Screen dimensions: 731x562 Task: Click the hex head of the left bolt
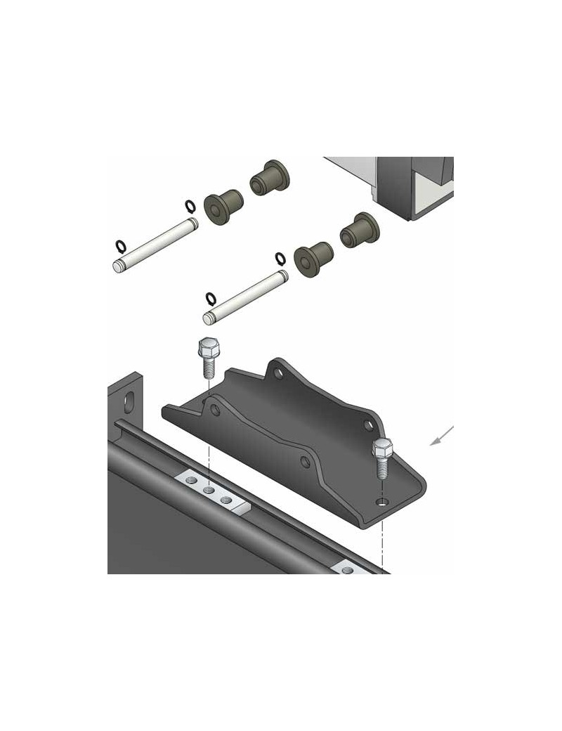pyautogui.click(x=208, y=347)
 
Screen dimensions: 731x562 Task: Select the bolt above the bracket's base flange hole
pyautogui.click(x=382, y=457)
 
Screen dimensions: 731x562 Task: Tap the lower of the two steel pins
pyautogui.click(x=245, y=297)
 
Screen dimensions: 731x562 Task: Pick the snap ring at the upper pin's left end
pyautogui.click(x=121, y=246)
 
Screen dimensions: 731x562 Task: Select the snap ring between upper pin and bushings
pyautogui.click(x=190, y=206)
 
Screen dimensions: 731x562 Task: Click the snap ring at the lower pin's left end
pyautogui.click(x=210, y=299)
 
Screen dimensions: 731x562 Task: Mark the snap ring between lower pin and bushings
pyautogui.click(x=280, y=259)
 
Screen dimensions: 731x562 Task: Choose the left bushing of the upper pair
pyautogui.click(x=223, y=204)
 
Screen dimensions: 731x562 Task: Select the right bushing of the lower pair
pyautogui.click(x=359, y=230)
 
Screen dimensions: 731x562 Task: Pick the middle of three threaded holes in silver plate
pyautogui.click(x=209, y=489)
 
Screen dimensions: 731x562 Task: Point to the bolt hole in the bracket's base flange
pyautogui.click(x=381, y=502)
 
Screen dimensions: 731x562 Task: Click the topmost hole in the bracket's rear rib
pyautogui.click(x=279, y=373)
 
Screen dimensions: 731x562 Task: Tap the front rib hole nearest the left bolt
pyautogui.click(x=216, y=409)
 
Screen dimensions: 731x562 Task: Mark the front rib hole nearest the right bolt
pyautogui.click(x=304, y=462)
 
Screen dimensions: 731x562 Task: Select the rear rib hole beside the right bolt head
pyautogui.click(x=367, y=425)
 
